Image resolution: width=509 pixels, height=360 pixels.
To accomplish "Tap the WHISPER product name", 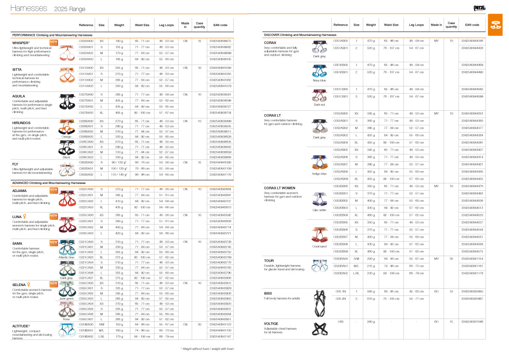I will click(x=21, y=43).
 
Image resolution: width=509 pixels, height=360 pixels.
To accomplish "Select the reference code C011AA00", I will click(x=86, y=68).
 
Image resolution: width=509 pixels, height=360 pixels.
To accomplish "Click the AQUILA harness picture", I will click(x=66, y=101).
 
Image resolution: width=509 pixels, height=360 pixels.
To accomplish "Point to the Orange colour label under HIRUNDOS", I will click(x=66, y=136).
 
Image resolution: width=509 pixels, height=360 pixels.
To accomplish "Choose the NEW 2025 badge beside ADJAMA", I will click(x=54, y=191).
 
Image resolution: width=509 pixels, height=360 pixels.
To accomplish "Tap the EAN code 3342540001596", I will click(x=472, y=321).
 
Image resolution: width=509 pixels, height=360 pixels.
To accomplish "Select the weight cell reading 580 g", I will click(x=371, y=291).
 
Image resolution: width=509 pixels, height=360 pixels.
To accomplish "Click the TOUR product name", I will click(x=269, y=260).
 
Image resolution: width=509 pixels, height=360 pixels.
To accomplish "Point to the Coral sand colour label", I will click(x=319, y=246).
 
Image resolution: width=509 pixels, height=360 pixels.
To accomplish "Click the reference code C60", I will click(x=341, y=321).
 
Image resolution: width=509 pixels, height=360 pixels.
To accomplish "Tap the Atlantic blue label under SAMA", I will click(x=66, y=257).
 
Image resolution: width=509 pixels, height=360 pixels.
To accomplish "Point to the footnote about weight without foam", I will click(x=207, y=348).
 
